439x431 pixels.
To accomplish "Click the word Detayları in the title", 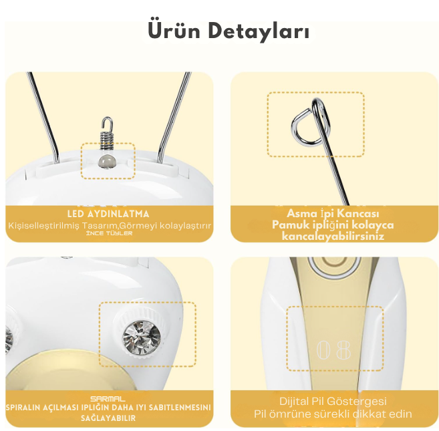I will pyautogui.click(x=257, y=31).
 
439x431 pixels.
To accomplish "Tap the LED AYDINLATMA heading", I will pyautogui.click(x=108, y=213).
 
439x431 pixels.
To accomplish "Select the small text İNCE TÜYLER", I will pyautogui.click(x=109, y=233).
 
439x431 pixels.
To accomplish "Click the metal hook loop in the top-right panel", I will pyautogui.click(x=311, y=124).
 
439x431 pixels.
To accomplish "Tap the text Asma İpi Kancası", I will pyautogui.click(x=332, y=213).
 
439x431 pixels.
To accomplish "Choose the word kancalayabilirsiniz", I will pyautogui.click(x=332, y=236).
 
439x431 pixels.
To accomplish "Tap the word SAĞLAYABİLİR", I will pyautogui.click(x=108, y=418).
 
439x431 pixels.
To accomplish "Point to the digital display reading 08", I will pyautogui.click(x=333, y=348).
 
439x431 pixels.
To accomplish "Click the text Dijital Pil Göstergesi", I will pyautogui.click(x=332, y=402).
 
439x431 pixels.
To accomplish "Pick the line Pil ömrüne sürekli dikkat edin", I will pyautogui.click(x=332, y=414).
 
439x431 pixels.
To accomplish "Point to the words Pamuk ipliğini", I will pyautogui.click(x=302, y=225).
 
